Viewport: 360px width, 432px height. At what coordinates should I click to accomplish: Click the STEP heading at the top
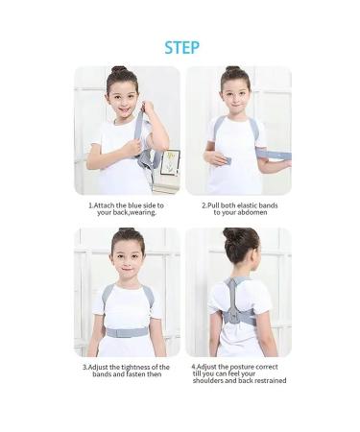[180, 47]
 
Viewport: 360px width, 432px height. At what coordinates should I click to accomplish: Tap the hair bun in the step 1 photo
[118, 71]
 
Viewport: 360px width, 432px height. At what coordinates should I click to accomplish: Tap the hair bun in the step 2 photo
[232, 70]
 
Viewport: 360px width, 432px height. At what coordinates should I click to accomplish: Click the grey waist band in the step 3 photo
[127, 332]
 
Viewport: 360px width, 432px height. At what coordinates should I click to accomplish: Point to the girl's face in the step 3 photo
[127, 262]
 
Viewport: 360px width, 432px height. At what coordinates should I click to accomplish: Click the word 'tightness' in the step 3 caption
[137, 366]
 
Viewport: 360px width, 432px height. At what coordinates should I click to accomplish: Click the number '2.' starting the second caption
[204, 204]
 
